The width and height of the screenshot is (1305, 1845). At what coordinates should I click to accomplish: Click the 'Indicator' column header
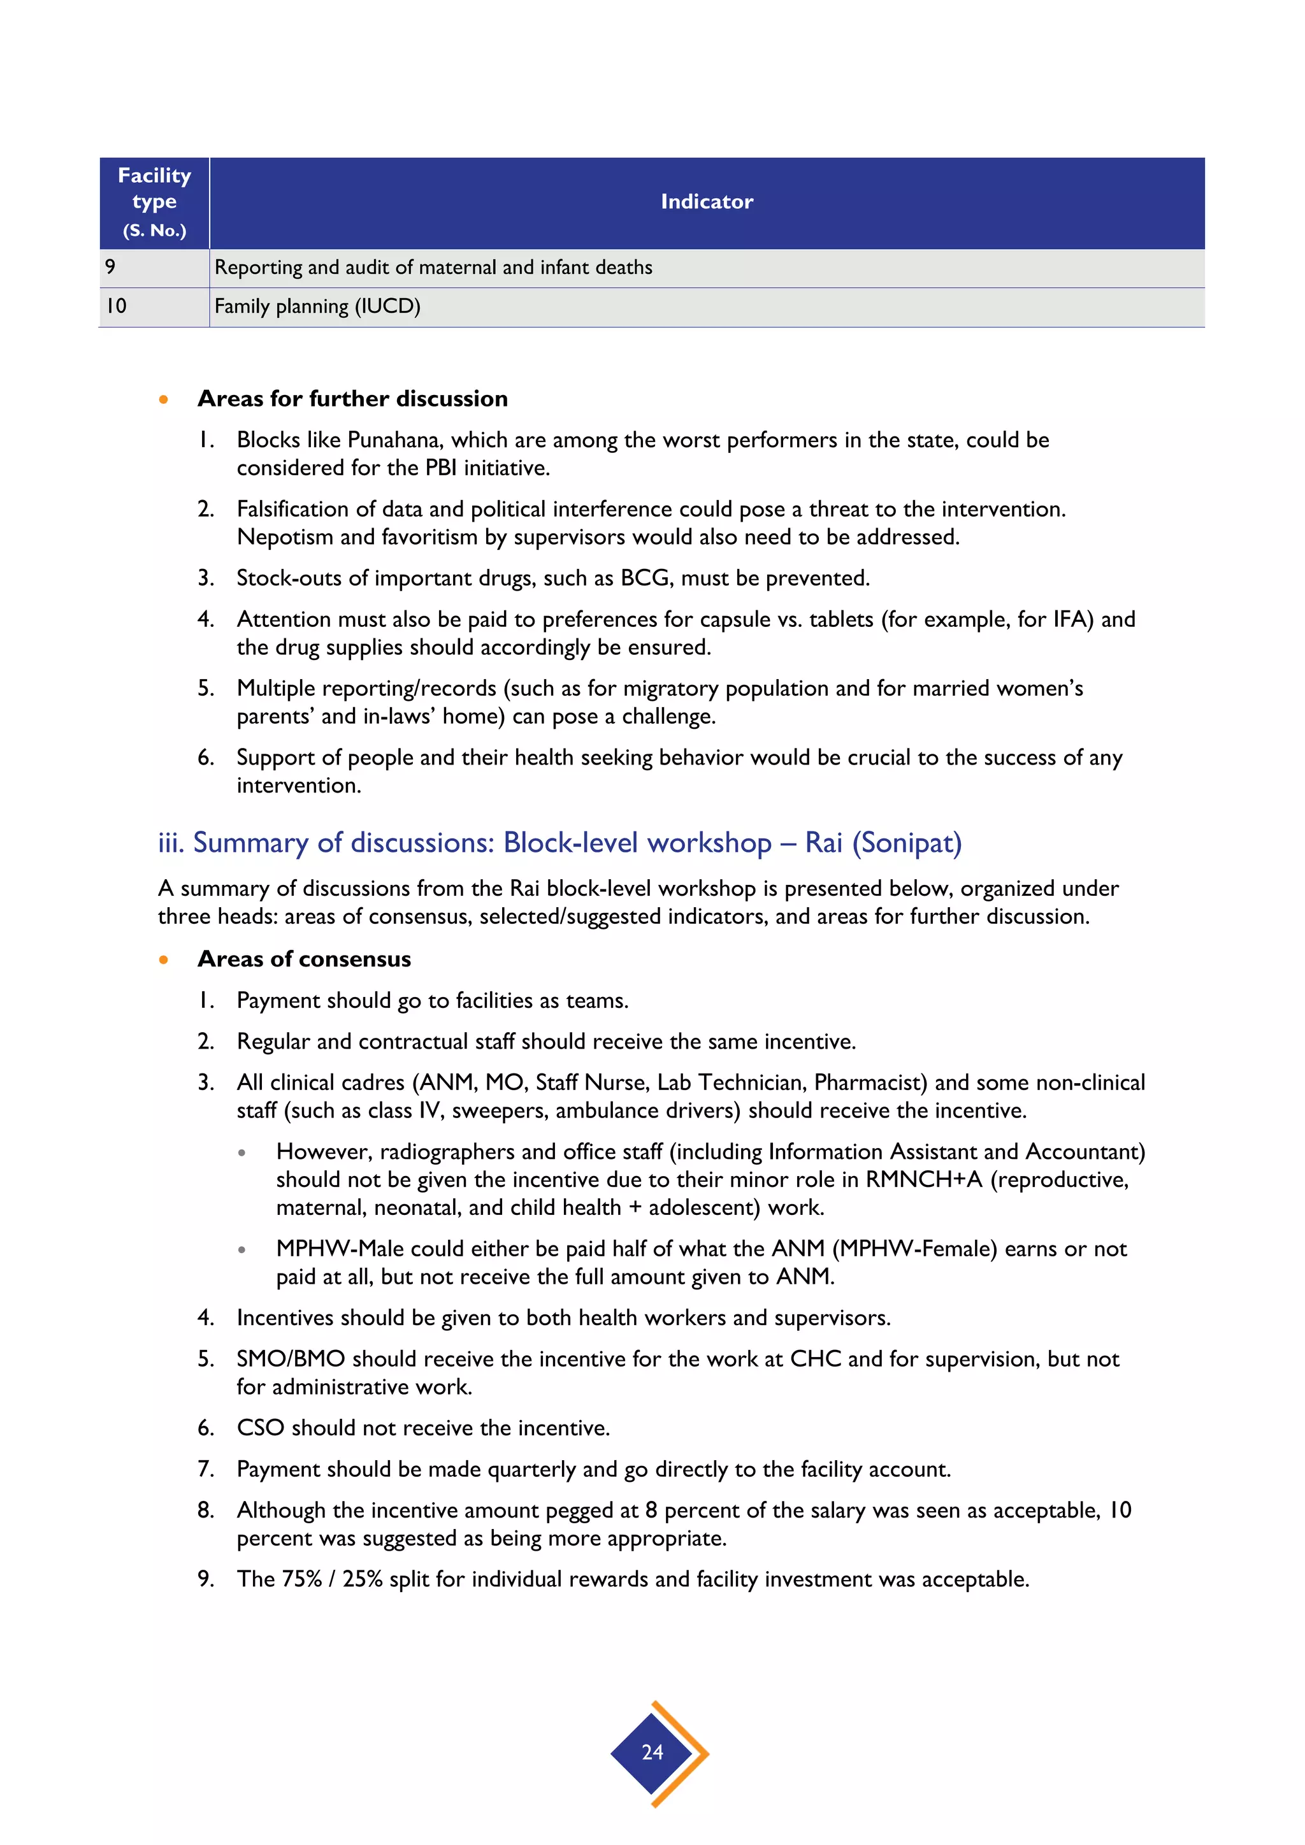click(706, 202)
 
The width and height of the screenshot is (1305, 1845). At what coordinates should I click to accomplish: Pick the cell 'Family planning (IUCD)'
click(317, 307)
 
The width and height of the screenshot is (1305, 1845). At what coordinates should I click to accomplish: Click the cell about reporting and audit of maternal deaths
click(433, 268)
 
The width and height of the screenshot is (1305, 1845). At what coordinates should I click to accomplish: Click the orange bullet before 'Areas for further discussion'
click(164, 399)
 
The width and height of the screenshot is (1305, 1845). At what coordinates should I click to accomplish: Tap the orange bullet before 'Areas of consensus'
click(164, 959)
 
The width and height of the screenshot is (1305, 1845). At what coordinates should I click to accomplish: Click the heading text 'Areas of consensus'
click(304, 959)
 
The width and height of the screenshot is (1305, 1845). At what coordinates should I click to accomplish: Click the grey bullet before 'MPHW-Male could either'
click(242, 1249)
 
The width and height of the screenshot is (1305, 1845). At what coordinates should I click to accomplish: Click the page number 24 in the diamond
click(652, 1753)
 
